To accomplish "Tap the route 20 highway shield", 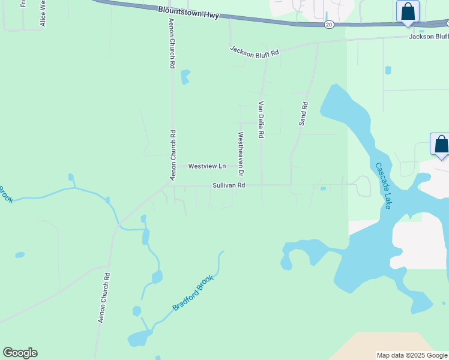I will tap(328, 25).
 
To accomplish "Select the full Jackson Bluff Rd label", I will tap(255, 51).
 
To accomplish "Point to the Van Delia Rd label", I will tap(261, 120).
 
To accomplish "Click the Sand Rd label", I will tap(304, 113).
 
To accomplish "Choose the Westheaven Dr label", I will tap(241, 154).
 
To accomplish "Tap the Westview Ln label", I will tap(206, 166).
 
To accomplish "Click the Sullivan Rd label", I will tap(229, 186).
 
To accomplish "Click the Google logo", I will tap(20, 353).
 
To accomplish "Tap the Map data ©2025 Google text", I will tap(412, 355).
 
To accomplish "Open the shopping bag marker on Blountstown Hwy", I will tap(408, 12).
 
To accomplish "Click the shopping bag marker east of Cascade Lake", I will tap(441, 145).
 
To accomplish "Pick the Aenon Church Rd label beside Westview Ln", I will tap(172, 155).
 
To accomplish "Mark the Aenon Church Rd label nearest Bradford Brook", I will tap(104, 298).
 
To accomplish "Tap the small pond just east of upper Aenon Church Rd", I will tap(185, 77).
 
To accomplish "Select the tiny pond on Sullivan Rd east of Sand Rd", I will tap(323, 189).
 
